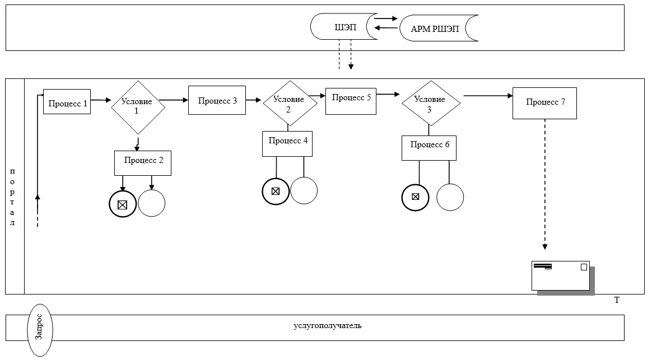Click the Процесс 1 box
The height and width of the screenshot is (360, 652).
point(67,102)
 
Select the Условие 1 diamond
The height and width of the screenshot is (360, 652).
point(138,107)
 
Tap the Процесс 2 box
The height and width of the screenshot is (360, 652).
point(143,163)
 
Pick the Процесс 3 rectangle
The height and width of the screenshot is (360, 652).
point(217,100)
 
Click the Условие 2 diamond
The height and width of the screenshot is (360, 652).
point(290,103)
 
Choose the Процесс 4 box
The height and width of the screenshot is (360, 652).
point(287,144)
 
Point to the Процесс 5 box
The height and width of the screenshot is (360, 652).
point(351,101)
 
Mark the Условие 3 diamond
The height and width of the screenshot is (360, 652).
point(431,103)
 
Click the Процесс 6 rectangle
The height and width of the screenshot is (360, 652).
point(429,148)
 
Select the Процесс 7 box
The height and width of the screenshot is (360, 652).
point(544,103)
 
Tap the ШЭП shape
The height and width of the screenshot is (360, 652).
point(344,27)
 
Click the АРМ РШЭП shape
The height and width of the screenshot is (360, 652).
point(439,28)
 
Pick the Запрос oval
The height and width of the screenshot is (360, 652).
point(40,330)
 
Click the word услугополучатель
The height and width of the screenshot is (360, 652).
point(327,325)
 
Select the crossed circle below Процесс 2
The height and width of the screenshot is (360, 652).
point(123,204)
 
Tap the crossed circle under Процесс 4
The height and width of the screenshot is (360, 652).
point(276,191)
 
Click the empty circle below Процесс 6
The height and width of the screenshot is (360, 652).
point(450,197)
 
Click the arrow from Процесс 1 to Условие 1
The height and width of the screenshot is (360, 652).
point(101,100)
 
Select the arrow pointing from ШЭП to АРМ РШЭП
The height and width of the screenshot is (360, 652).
point(386,18)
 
